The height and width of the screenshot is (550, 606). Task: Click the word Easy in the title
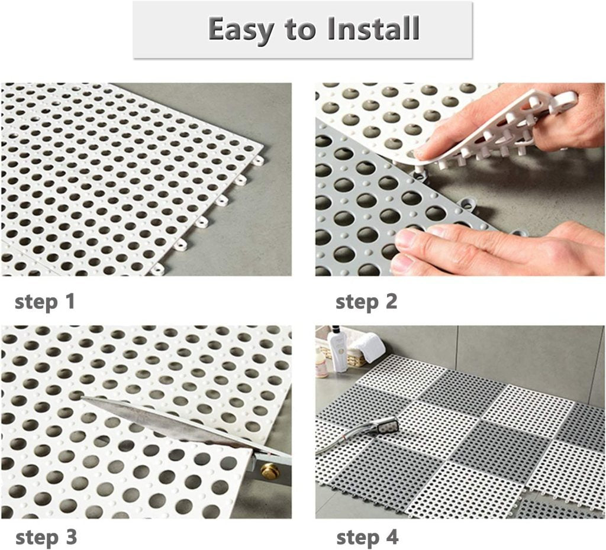pyautogui.click(x=243, y=29)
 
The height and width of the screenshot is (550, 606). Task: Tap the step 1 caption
pyautogui.click(x=45, y=302)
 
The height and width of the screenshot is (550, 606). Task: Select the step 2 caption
pyautogui.click(x=366, y=302)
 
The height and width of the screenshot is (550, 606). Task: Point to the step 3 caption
pyautogui.click(x=46, y=538)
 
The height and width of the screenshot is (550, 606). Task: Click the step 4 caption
pyautogui.click(x=367, y=538)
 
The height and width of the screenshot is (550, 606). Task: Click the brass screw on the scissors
pyautogui.click(x=270, y=471)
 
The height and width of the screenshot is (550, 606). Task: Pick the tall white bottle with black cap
pyautogui.click(x=339, y=350)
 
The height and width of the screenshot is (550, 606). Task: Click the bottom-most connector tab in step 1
pyautogui.click(x=157, y=270)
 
